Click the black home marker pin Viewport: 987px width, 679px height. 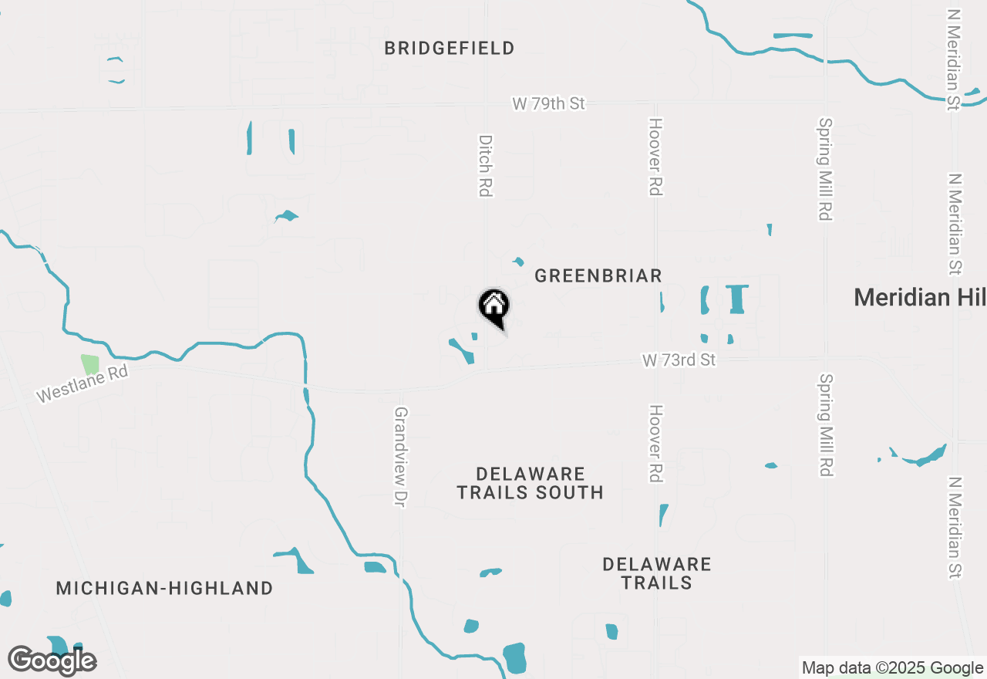pyautogui.click(x=494, y=307)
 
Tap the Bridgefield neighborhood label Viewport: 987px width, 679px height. pyautogui.click(x=450, y=49)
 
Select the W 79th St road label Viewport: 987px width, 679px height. pyautogui.click(x=549, y=103)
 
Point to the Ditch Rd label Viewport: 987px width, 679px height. pyautogui.click(x=485, y=166)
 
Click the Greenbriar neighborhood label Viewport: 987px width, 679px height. pyautogui.click(x=598, y=275)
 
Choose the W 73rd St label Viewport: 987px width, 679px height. pyautogui.click(x=679, y=360)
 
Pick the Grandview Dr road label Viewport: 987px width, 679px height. pyautogui.click(x=400, y=457)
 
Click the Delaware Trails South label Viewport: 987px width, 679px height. pyautogui.click(x=531, y=483)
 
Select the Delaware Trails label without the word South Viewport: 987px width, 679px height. pyautogui.click(x=657, y=573)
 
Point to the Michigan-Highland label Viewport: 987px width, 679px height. pyautogui.click(x=164, y=589)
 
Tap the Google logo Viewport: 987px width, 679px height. pyautogui.click(x=52, y=661)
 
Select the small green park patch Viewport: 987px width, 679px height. pyautogui.click(x=90, y=364)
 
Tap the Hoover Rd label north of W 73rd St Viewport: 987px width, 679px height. pyautogui.click(x=655, y=157)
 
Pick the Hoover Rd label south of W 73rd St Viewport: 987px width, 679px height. pyautogui.click(x=655, y=444)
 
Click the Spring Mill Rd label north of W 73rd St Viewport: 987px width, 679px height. pyautogui.click(x=825, y=169)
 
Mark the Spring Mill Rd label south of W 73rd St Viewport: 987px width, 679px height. pyautogui.click(x=825, y=425)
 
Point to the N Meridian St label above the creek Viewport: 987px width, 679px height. pyautogui.click(x=954, y=59)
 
